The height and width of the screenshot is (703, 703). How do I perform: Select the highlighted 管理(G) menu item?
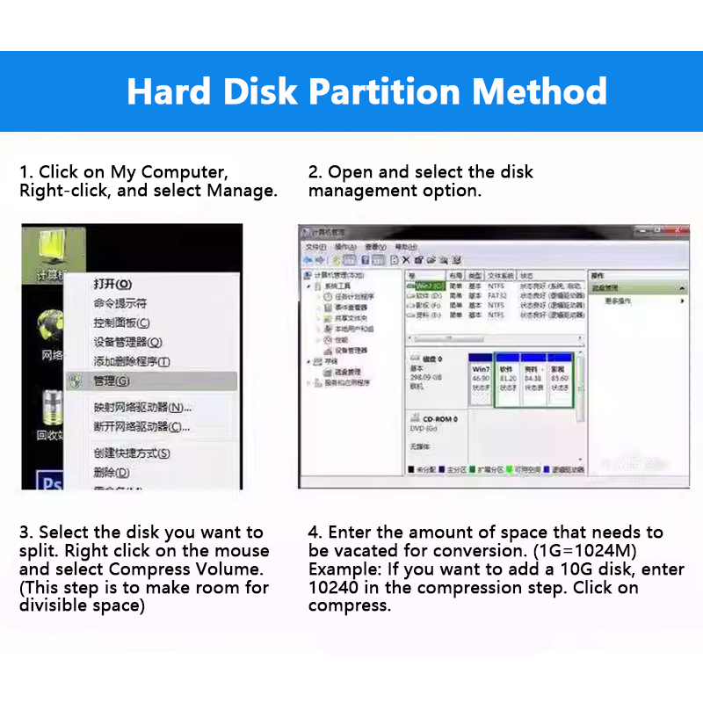(x=112, y=381)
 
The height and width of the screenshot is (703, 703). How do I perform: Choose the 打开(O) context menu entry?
(x=112, y=284)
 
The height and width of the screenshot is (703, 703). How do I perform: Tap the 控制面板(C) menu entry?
(x=121, y=323)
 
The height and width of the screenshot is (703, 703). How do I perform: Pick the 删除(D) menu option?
(x=112, y=473)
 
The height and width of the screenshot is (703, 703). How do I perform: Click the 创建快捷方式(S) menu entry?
(x=132, y=453)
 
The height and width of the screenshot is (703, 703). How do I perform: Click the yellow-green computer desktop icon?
(x=53, y=250)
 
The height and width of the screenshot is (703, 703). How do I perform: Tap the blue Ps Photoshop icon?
(x=51, y=482)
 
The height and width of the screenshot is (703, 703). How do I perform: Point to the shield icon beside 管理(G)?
(x=76, y=381)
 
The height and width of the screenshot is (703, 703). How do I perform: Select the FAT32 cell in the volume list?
(x=497, y=296)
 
